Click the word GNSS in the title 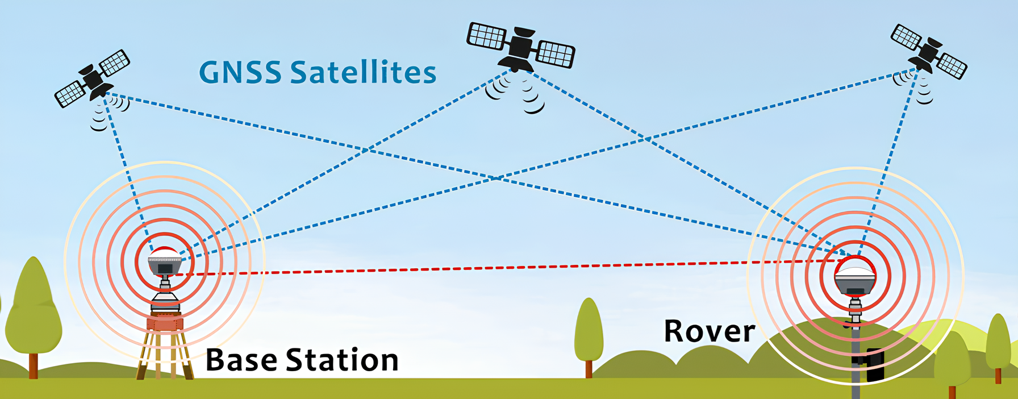pyautogui.click(x=240, y=73)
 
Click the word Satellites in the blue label pyautogui.click(x=363, y=72)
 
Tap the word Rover pyautogui.click(x=709, y=331)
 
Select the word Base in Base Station pyautogui.click(x=241, y=360)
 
